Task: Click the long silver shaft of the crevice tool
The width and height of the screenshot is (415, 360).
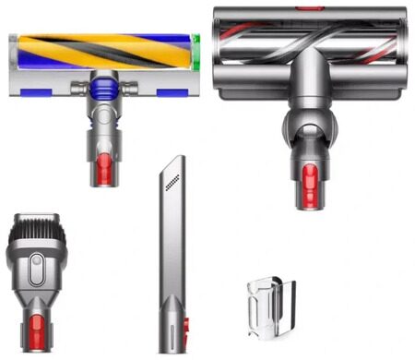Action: point(172,258)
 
